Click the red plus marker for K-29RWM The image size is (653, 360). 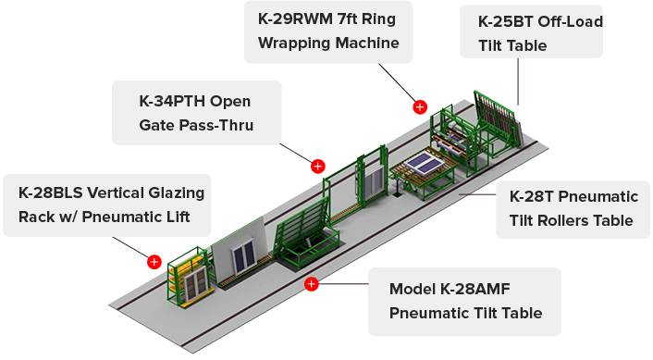(420, 107)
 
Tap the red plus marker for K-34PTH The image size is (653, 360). (318, 167)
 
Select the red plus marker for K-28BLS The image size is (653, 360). (154, 262)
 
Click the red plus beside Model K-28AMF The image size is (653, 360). (311, 284)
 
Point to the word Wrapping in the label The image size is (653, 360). (293, 43)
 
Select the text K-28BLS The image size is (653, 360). (50, 192)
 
